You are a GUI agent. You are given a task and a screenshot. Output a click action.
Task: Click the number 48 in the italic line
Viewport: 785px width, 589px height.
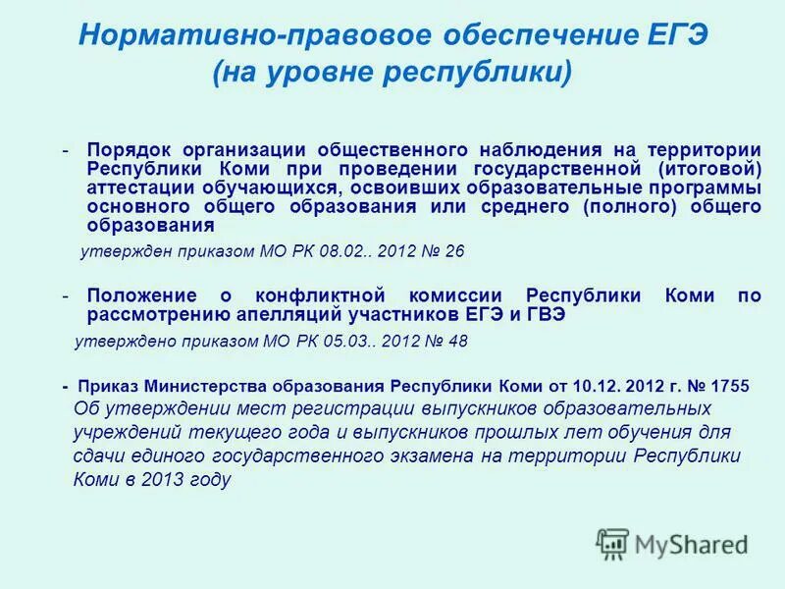coord(457,342)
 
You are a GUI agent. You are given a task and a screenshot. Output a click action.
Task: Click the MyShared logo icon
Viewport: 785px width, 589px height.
coord(613,543)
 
